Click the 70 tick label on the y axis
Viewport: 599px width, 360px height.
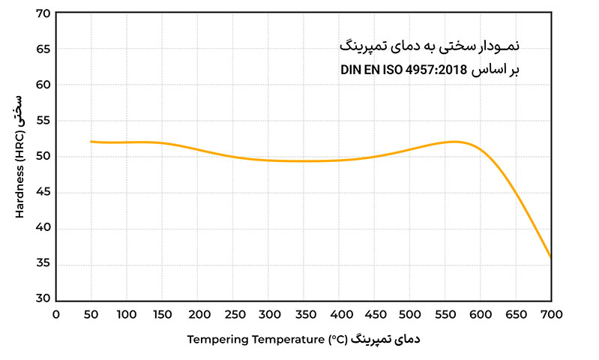coord(43,13)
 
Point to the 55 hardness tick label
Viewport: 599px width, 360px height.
coord(43,121)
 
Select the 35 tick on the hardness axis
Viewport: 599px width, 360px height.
coord(43,263)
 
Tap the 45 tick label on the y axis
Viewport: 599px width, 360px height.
coord(43,192)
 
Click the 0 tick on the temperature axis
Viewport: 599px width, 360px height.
coord(56,314)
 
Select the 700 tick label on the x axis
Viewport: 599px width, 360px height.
coord(551,314)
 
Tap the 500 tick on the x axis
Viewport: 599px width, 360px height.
coord(410,314)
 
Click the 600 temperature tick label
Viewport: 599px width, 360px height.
coord(481,314)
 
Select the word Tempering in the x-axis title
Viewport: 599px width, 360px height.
coord(214,340)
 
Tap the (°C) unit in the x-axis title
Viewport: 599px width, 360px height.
coord(338,340)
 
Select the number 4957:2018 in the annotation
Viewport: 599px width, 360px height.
coord(439,70)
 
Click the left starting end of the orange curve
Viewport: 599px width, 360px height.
coord(91,141)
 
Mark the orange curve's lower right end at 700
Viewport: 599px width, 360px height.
coord(551,256)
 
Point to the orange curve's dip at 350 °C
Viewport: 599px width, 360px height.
coord(304,160)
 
